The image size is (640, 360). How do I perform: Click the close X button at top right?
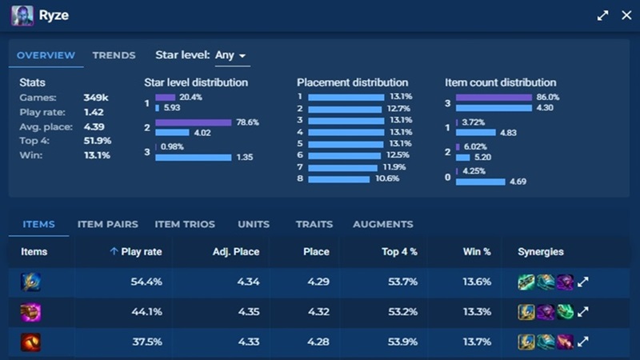pos(626,16)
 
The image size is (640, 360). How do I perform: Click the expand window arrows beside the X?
pos(602,16)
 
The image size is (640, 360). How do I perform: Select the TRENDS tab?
pos(114,55)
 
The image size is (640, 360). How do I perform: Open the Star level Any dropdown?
pos(230,55)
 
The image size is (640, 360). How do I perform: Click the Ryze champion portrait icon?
pos(22,16)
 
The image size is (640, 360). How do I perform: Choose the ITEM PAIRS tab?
pos(108,224)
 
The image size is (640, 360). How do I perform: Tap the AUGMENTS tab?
pos(383,224)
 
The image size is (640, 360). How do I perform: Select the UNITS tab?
pos(254,224)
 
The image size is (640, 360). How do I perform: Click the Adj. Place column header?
pos(234,251)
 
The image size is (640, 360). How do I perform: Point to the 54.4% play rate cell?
pos(146,282)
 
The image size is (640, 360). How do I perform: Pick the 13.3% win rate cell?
pos(476,312)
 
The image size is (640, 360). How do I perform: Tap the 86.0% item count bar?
pos(494,98)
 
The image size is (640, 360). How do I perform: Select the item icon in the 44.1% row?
pos(30,312)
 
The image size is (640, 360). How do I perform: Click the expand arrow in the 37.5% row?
pos(584,342)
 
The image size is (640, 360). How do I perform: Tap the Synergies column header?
pos(541,251)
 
